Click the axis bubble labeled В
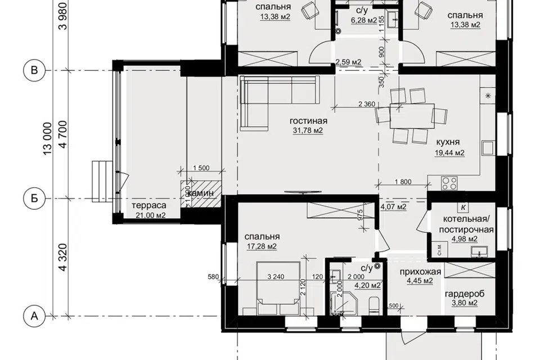[34, 71]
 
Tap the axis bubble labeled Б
[34, 199]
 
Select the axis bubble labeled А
[34, 316]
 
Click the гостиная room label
[308, 121]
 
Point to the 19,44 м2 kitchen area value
[449, 152]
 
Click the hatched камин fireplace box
[201, 193]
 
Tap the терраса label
[148, 206]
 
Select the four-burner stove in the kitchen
[449, 183]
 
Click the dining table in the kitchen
[412, 116]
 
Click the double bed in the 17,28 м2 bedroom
[278, 288]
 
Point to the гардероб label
[465, 294]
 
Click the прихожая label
[420, 272]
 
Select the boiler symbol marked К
[463, 208]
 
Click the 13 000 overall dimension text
[47, 138]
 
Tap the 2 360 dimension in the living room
[367, 103]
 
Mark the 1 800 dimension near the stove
[403, 182]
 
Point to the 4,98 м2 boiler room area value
[465, 239]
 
